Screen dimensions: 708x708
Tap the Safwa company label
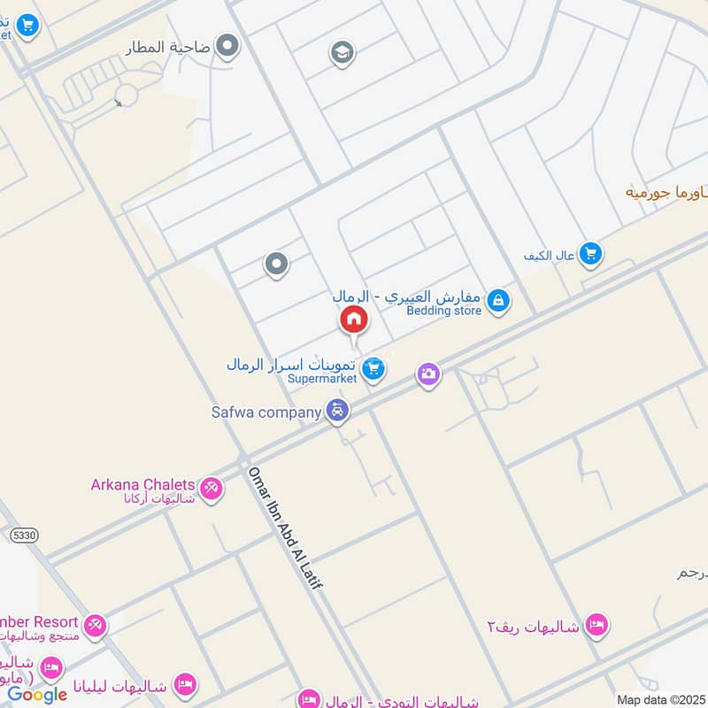click(265, 412)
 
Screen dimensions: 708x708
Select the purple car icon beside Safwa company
click(337, 411)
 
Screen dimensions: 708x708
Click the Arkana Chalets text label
click(142, 484)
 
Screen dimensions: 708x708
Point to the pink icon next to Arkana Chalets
click(211, 488)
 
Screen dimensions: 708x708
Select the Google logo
click(37, 694)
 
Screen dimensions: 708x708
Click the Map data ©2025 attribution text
click(659, 699)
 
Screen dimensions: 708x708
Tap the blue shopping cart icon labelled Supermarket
click(374, 367)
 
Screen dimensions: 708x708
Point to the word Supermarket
click(322, 378)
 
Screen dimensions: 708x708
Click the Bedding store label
click(443, 311)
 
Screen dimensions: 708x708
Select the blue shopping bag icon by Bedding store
click(498, 301)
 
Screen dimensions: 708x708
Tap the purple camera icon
click(428, 374)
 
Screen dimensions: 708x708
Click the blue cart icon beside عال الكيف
click(591, 255)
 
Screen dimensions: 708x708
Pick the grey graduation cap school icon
click(342, 52)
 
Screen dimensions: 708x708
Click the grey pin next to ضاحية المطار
click(228, 45)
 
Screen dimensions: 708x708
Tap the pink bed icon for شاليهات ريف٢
click(597, 626)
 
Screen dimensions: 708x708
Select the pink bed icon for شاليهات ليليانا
click(184, 683)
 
